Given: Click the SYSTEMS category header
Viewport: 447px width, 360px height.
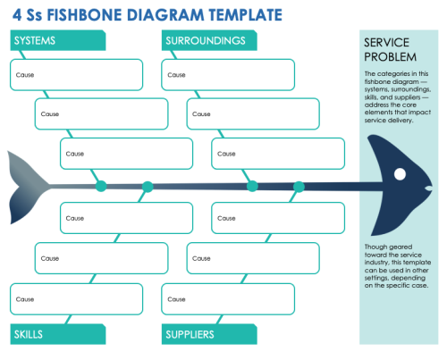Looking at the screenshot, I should point(36,41).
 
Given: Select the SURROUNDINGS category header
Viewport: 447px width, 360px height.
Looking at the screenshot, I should point(204,41).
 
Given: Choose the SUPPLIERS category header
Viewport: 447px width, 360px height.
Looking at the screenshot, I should point(189,334).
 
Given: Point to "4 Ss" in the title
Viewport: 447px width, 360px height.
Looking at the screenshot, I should point(27,15).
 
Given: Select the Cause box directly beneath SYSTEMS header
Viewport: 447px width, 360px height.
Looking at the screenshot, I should point(75,75).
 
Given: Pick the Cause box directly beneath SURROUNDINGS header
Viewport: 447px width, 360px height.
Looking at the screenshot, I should point(227,75).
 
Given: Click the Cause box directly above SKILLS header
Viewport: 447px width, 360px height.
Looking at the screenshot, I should point(75,298).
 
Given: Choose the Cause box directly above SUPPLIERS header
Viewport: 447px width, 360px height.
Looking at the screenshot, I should point(227,298).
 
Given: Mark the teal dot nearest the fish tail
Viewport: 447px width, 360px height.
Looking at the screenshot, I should point(101,187).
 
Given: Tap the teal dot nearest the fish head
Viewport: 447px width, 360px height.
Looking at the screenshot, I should point(299,187).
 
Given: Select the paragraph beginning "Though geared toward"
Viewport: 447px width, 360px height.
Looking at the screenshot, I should point(396,265).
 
